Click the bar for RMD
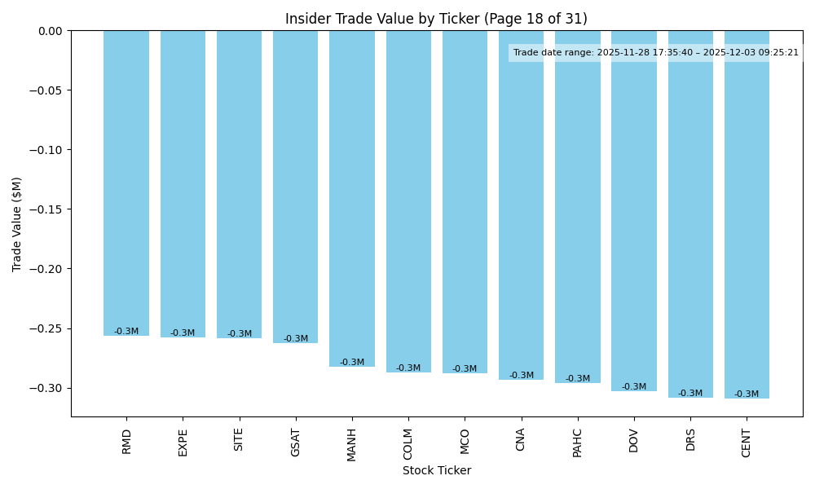pyautogui.click(x=126, y=183)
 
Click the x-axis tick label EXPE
pyautogui.click(x=183, y=442)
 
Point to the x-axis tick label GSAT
pyautogui.click(x=296, y=442)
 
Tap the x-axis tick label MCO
pyautogui.click(x=465, y=441)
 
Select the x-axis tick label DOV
pyautogui.click(x=634, y=441)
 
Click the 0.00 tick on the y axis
pyautogui.click(x=51, y=31)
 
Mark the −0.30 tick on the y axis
pyautogui.click(x=49, y=388)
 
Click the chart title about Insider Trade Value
pyautogui.click(x=436, y=19)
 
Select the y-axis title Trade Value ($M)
pyautogui.click(x=17, y=224)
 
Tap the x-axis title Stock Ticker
pyautogui.click(x=436, y=470)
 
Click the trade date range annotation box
pyautogui.click(x=655, y=53)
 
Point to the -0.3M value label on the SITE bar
pyautogui.click(x=239, y=333)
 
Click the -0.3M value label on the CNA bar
pyautogui.click(x=522, y=376)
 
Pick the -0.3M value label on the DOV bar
pyautogui.click(x=634, y=387)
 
